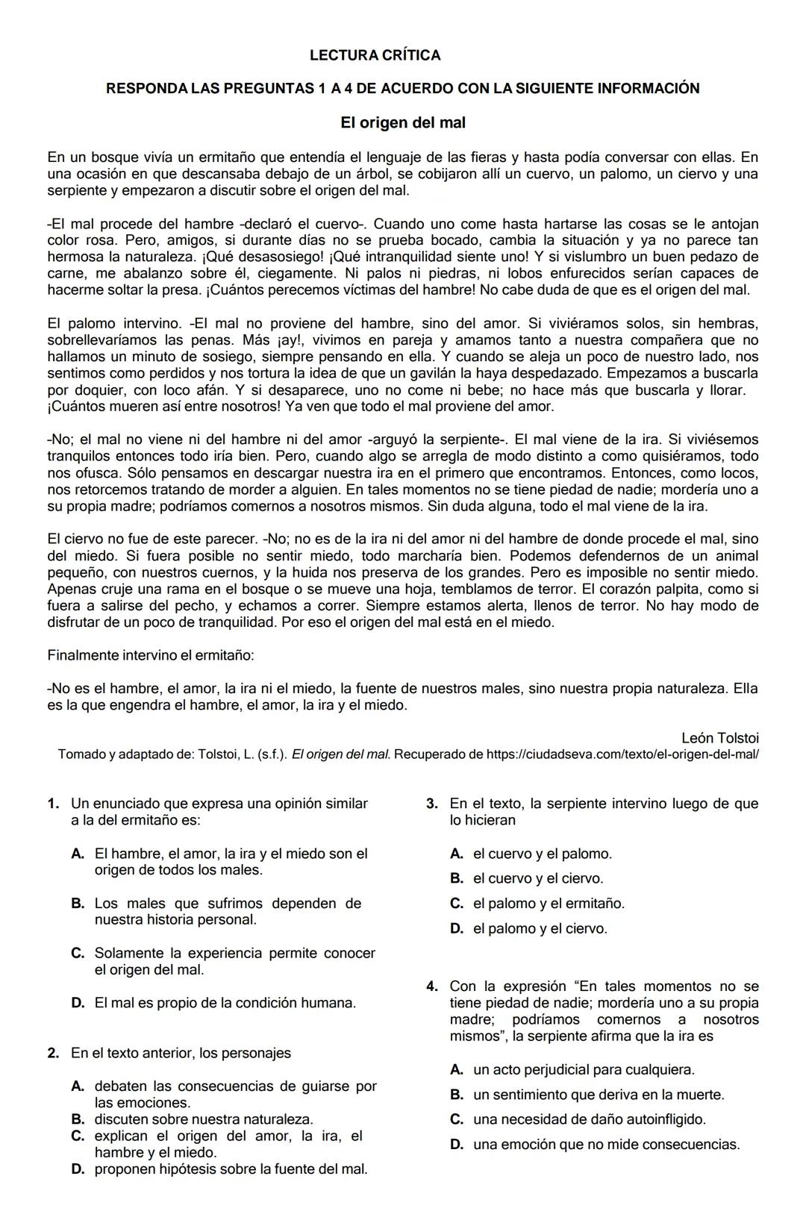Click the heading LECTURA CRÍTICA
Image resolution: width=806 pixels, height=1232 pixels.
[375, 55]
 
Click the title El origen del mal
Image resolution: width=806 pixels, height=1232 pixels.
[402, 122]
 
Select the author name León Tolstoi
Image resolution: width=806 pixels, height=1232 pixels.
[719, 738]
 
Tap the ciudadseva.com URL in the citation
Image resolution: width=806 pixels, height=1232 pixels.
[622, 754]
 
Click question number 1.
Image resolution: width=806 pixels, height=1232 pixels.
[52, 804]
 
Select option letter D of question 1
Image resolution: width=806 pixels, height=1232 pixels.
[78, 1003]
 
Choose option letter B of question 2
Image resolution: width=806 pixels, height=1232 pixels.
[78, 1119]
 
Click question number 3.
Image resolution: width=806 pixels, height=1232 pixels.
[431, 804]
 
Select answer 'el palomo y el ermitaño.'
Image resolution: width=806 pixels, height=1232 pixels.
[549, 904]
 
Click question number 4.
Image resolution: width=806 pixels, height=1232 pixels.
[432, 986]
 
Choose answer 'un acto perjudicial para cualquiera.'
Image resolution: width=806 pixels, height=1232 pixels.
[584, 1070]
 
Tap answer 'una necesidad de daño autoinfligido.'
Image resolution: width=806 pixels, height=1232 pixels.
[589, 1119]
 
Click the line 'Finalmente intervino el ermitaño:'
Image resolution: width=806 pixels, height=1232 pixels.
[151, 656]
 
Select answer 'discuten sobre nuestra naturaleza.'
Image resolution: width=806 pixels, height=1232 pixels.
[204, 1119]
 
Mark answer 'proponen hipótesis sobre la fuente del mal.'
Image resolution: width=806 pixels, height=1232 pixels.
[231, 1169]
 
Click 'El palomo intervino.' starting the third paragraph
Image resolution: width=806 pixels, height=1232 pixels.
[114, 324]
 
